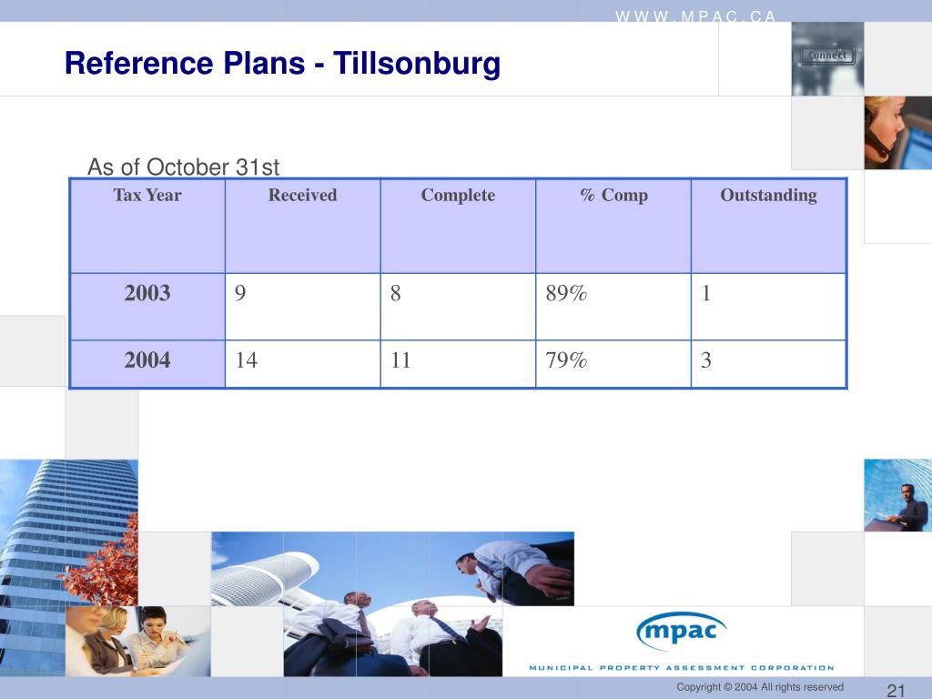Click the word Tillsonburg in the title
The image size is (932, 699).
point(417,65)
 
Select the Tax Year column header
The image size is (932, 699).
point(147,196)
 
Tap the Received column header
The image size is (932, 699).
point(302,196)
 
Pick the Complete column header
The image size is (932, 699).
point(458,196)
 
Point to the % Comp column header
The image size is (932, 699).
point(613,196)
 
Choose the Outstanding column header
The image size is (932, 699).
point(768,196)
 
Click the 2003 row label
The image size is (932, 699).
point(147,293)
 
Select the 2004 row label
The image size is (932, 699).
point(147,360)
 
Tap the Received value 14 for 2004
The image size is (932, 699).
point(246,360)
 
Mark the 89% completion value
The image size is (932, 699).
point(566,293)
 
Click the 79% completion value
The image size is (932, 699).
point(566,360)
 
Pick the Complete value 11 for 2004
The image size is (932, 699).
point(400,360)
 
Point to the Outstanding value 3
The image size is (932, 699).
point(706,360)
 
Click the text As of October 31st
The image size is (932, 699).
point(183,167)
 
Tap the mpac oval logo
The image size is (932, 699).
point(682,630)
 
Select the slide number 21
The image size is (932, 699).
point(895,688)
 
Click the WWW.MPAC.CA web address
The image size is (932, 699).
point(696,15)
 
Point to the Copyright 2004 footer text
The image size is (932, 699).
point(759,687)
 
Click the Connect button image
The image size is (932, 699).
point(827,56)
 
